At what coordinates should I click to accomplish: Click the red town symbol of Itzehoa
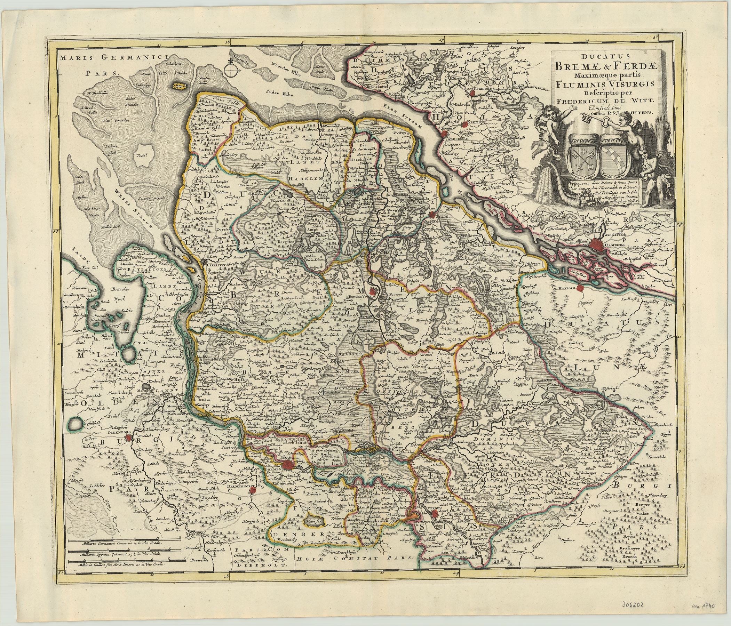click(473, 93)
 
